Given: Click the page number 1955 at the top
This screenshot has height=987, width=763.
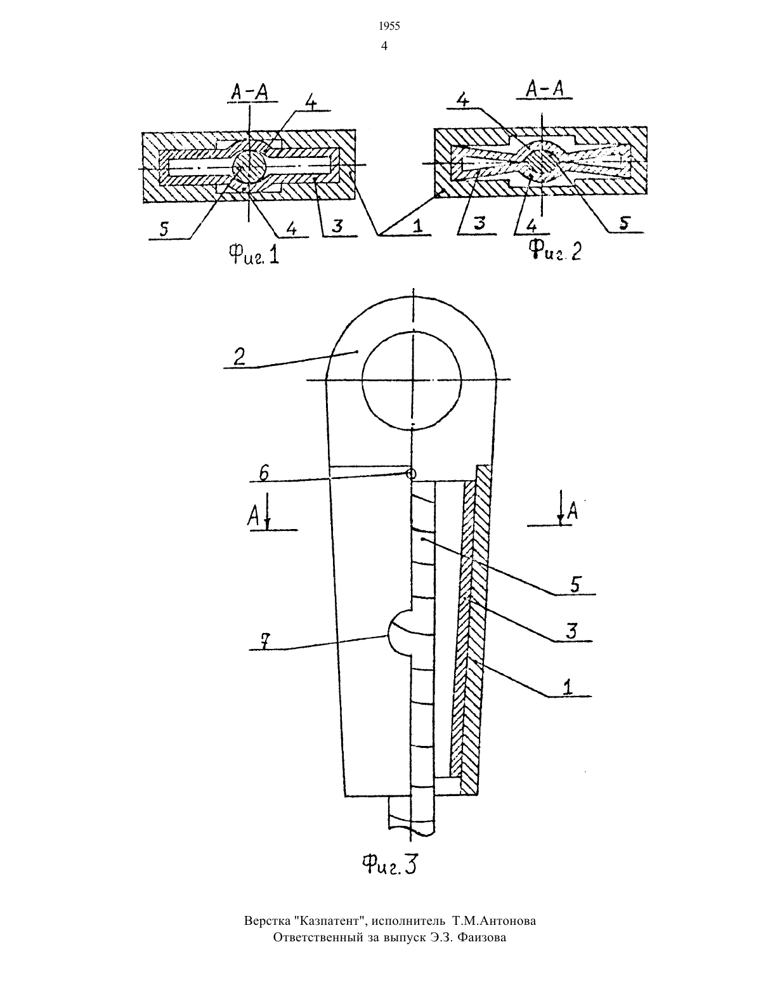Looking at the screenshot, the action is point(389,27).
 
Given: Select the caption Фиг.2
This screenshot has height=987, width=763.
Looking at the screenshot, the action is point(556,251).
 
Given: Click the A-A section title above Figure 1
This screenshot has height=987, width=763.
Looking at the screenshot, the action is point(249,93).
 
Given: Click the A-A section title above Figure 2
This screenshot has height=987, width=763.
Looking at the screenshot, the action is point(545,88).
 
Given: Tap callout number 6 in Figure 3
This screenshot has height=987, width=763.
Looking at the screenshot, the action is point(263,473).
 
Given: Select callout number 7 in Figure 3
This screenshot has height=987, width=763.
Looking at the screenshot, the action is point(264,641).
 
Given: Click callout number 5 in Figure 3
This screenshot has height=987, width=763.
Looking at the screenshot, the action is point(575,585).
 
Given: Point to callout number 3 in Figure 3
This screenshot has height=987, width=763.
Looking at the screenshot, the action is point(571,631).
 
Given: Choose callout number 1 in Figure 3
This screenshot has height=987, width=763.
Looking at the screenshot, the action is point(568,687).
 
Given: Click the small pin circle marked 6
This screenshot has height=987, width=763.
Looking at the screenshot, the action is point(411,474).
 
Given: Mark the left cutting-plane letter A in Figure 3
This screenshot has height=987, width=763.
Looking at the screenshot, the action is point(253,516).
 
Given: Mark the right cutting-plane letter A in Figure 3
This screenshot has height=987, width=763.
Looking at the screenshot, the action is point(573,512).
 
